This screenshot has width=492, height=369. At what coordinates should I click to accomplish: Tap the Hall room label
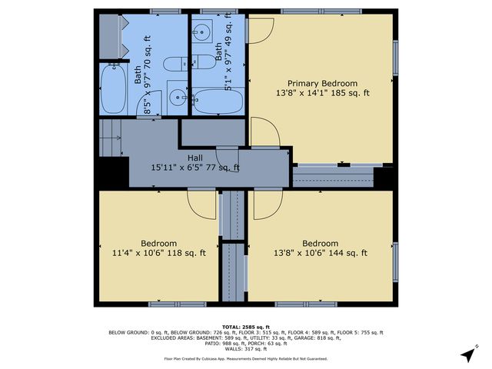[x=194, y=162]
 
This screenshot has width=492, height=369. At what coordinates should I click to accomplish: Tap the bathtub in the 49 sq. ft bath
[x=217, y=101]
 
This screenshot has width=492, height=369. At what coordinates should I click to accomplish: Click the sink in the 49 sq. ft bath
[x=203, y=33]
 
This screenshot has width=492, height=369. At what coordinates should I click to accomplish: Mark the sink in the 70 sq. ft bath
[x=177, y=98]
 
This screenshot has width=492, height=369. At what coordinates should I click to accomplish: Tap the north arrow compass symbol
[x=467, y=354]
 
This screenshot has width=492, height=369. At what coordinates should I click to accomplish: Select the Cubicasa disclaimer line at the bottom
[x=245, y=358]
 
